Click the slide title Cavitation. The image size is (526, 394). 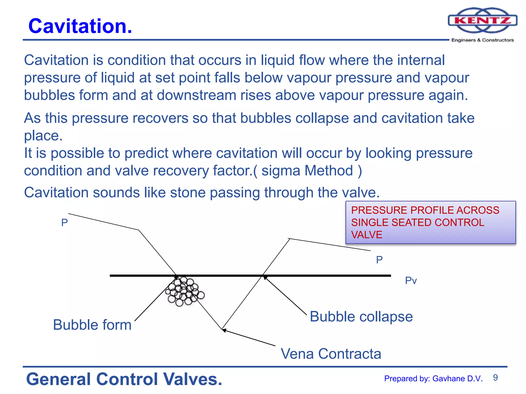click(80, 26)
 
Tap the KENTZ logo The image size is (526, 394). click(482, 21)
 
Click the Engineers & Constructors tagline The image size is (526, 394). click(482, 40)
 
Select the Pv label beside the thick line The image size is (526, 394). click(411, 281)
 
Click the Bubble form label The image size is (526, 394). click(92, 325)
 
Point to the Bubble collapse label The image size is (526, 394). click(361, 317)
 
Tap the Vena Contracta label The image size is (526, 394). click(331, 354)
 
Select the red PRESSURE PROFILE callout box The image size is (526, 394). click(430, 222)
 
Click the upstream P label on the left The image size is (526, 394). click(64, 223)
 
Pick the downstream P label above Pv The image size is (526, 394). click(379, 260)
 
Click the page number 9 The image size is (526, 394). click(495, 378)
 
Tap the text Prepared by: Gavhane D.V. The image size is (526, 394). click(433, 379)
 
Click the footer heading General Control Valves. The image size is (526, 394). click(124, 379)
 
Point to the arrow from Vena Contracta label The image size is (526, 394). click(249, 338)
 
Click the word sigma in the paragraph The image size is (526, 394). click(281, 171)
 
